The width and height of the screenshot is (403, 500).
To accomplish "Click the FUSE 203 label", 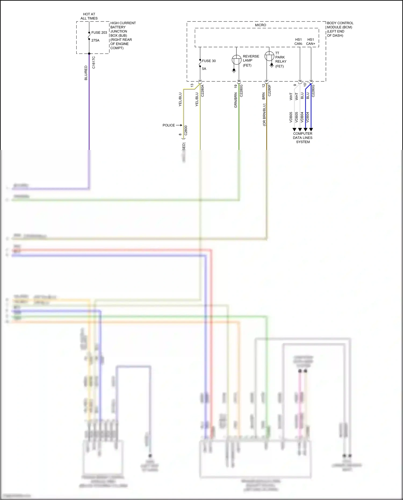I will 99,33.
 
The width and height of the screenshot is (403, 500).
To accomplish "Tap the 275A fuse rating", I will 95,40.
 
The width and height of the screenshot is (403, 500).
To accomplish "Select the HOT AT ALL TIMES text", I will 89,16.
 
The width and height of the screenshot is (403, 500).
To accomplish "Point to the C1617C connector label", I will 94,62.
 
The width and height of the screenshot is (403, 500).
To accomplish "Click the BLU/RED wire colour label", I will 86,73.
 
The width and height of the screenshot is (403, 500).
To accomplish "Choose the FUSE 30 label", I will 209,61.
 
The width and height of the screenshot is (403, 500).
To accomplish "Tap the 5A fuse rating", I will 204,69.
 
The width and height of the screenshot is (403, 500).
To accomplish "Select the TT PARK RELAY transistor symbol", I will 269,56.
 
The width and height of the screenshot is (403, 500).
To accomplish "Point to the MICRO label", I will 260,25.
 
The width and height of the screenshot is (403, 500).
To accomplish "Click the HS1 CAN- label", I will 298,42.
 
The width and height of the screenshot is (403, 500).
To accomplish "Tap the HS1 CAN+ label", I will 311,42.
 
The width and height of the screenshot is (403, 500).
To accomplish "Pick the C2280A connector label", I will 203,91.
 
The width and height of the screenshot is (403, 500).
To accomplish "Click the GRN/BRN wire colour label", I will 236,100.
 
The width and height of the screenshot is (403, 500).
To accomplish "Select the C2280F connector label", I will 269,90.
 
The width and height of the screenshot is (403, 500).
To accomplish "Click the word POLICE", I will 168,125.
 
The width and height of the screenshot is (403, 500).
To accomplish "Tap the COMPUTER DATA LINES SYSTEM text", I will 303,138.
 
